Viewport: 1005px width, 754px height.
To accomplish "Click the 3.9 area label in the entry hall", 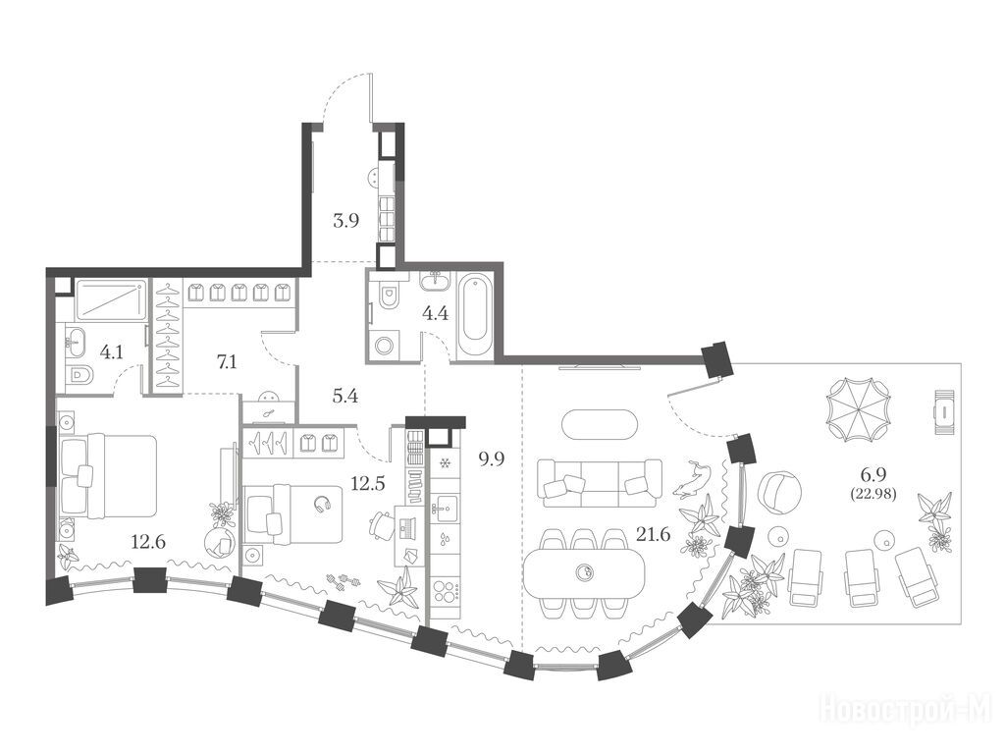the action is pos(345,221).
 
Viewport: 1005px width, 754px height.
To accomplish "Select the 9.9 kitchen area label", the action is pos(492,459).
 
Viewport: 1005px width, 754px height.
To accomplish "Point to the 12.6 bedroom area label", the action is pos(148,542).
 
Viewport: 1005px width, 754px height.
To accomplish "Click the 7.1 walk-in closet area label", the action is pos(227,362).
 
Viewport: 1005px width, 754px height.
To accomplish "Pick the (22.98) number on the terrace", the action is pos(873,494).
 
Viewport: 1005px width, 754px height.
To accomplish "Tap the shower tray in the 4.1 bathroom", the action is pos(110,299).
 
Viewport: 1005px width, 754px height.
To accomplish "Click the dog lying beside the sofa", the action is pos(692,478).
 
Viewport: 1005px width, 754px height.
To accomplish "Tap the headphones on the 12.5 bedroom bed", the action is pos(322,505).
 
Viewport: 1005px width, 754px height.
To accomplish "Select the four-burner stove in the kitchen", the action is pos(445,590).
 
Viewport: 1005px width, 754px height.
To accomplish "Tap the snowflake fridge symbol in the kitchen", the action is pos(445,461).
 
